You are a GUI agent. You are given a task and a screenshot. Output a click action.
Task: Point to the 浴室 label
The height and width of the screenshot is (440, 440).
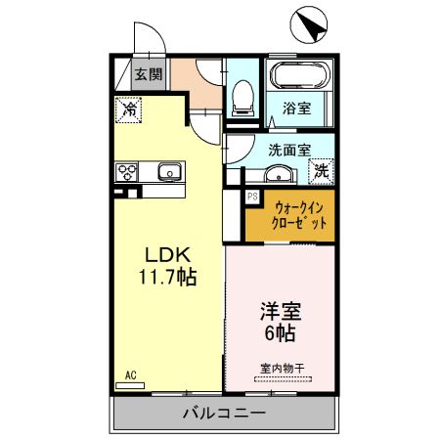coord(297,109)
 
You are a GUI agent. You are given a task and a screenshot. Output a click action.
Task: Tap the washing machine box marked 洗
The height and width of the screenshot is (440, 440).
coord(320,171)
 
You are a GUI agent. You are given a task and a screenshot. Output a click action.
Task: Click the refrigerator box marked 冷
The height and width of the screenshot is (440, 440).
coord(128,110)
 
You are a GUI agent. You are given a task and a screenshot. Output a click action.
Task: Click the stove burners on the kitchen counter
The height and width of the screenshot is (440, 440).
coord(127,173)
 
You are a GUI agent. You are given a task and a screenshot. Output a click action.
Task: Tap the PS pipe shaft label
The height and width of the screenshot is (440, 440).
coord(251,197)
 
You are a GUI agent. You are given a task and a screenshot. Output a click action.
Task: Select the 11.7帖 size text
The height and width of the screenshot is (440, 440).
coord(167,277)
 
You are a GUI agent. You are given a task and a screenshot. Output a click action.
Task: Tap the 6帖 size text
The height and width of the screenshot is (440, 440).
coord(280,333)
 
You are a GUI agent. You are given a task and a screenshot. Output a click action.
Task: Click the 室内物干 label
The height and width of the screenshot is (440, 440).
coord(282,369)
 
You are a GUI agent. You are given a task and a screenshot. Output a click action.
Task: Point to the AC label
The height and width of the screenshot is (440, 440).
coord(130,374)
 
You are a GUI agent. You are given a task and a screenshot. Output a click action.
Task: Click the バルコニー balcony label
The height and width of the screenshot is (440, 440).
coord(224,414)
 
